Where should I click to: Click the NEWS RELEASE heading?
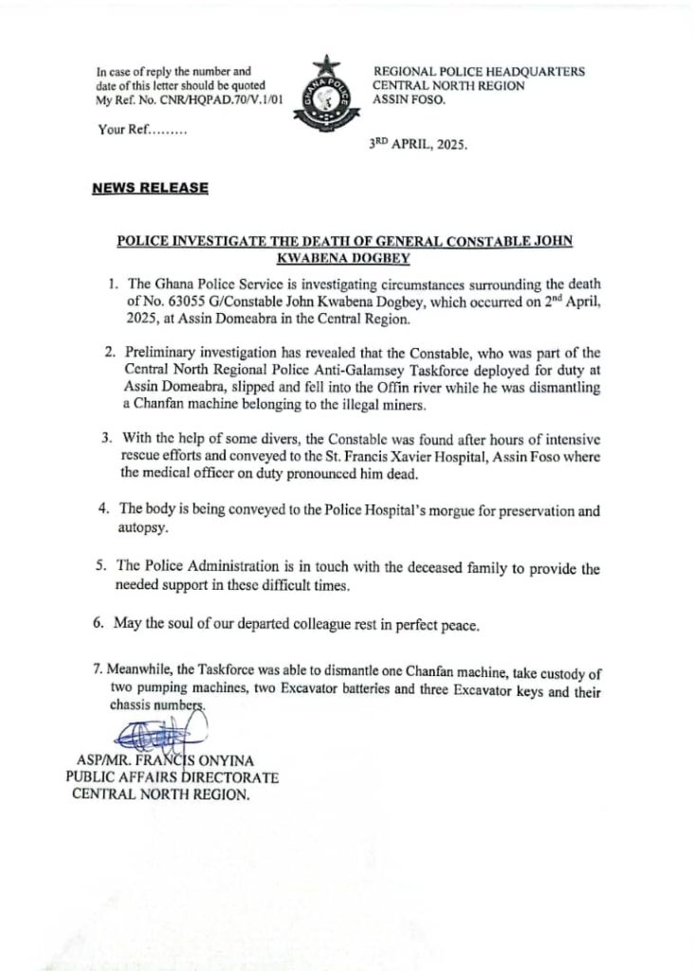coord(150,188)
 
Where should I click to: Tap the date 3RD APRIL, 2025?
coord(418,147)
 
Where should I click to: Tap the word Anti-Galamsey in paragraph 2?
coord(367,369)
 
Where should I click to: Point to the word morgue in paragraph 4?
coord(408,511)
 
